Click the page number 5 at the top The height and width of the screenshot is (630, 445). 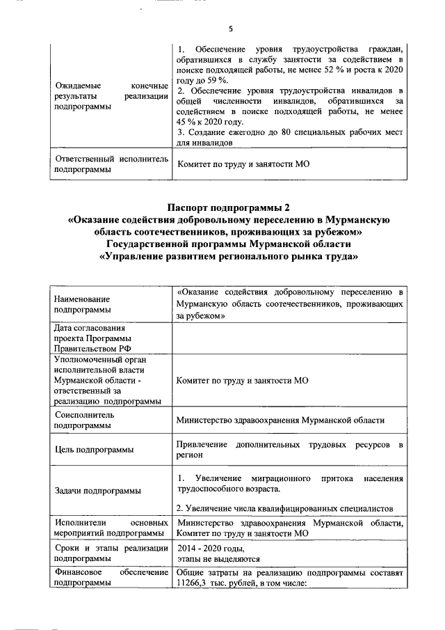tap(229, 29)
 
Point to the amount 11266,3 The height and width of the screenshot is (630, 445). tap(195, 583)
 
